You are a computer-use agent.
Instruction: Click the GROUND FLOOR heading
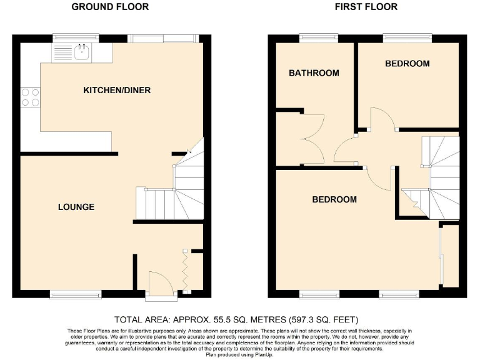click(x=110, y=7)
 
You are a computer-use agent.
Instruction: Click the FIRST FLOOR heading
click(x=366, y=7)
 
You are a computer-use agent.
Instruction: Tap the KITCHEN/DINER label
click(x=117, y=91)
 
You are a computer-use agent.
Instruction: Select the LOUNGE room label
click(x=76, y=207)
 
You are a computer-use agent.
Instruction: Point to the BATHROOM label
click(x=314, y=73)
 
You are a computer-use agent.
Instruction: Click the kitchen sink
click(x=81, y=51)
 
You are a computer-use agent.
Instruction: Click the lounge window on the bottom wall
click(x=76, y=294)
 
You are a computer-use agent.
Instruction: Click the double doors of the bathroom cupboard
click(x=312, y=139)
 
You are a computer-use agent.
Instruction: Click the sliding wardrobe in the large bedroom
click(x=442, y=256)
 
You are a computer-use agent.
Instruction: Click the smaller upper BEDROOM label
click(x=407, y=64)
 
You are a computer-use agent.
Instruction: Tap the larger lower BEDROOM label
click(x=334, y=199)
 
